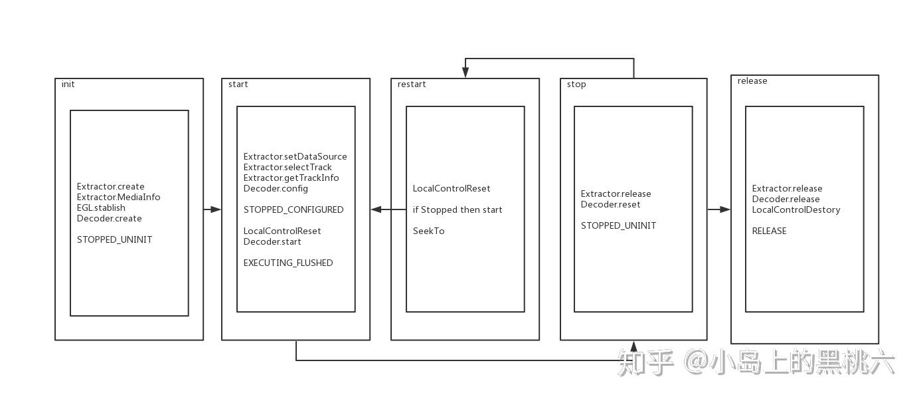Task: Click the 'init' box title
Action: (x=68, y=84)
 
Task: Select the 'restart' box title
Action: (x=412, y=84)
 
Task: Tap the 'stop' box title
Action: (x=576, y=84)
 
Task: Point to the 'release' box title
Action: (x=752, y=81)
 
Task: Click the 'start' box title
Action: (x=238, y=84)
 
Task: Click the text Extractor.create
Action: (x=110, y=187)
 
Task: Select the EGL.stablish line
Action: (x=101, y=208)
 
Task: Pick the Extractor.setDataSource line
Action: (x=295, y=157)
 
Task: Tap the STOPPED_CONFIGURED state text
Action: (x=293, y=210)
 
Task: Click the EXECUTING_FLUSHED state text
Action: (x=288, y=263)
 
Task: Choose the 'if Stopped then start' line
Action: (x=458, y=210)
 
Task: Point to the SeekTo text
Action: (x=428, y=231)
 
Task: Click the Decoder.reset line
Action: (x=611, y=205)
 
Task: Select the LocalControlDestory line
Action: (x=796, y=210)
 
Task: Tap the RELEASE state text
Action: (x=769, y=231)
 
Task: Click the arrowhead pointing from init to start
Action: (x=216, y=209)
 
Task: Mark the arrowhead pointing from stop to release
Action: (x=724, y=209)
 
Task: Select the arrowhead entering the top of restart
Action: (x=465, y=74)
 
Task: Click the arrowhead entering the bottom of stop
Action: (x=633, y=346)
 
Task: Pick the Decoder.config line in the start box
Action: (x=276, y=189)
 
